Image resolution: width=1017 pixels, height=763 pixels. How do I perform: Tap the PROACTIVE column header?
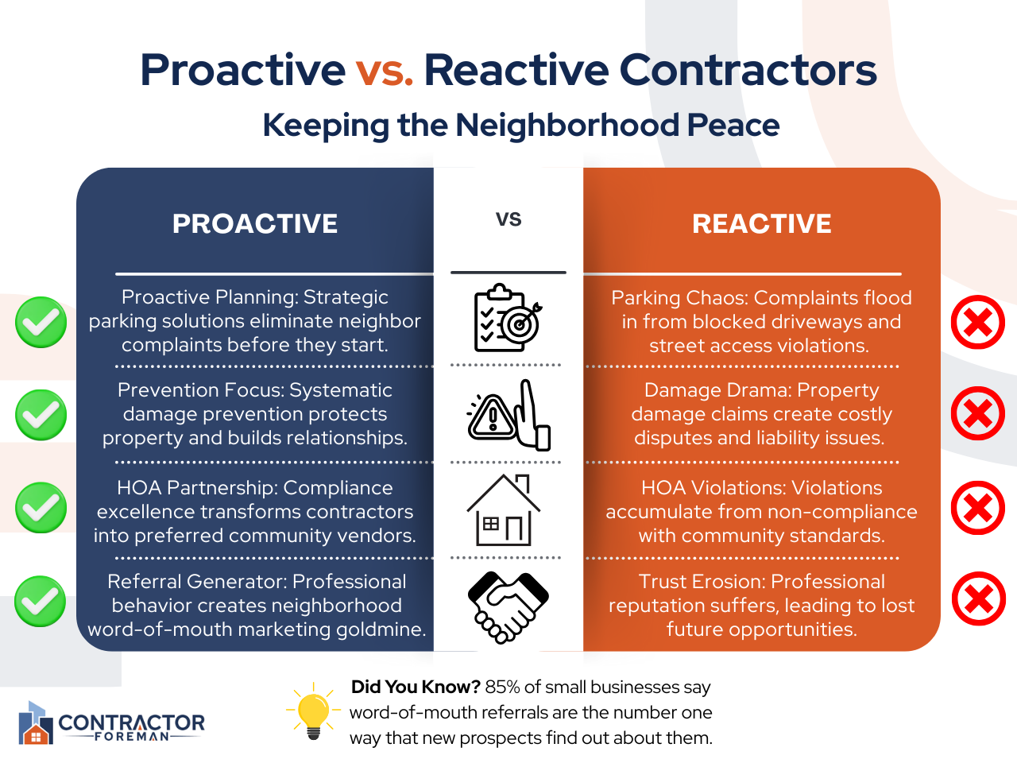click(255, 224)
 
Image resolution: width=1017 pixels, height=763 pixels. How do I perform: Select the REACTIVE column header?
click(762, 224)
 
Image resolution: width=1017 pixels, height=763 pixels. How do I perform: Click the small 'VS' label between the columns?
click(508, 219)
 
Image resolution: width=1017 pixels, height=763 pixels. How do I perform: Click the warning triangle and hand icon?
click(508, 415)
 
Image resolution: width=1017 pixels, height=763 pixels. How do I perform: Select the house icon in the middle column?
click(504, 509)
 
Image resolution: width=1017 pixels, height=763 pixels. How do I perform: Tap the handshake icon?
click(508, 607)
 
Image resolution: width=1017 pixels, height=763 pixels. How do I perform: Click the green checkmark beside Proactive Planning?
click(41, 322)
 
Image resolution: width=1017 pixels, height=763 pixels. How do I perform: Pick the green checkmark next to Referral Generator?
click(41, 602)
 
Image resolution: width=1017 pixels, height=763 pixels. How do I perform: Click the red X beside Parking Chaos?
click(977, 322)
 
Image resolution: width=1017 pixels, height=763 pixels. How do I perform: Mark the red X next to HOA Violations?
click(977, 508)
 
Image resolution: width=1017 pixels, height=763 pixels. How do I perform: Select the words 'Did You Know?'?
click(416, 687)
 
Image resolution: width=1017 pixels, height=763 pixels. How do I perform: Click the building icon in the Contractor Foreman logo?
click(36, 722)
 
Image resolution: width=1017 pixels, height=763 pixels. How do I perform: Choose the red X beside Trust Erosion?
click(979, 598)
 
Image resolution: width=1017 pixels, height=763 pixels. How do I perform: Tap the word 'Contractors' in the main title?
click(748, 71)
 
